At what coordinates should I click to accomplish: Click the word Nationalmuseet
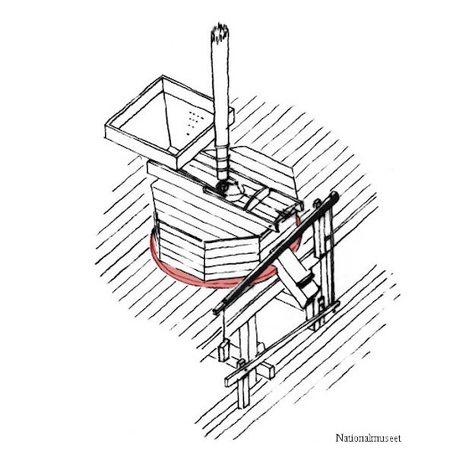point(368,438)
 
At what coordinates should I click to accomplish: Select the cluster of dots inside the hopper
point(195,119)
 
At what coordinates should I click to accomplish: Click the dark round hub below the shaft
point(223,187)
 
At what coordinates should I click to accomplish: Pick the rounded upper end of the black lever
point(334,197)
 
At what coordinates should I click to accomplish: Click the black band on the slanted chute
point(306,282)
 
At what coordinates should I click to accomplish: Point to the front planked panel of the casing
point(232,259)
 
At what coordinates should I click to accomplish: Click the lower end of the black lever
point(216,311)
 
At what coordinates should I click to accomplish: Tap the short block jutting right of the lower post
point(266,370)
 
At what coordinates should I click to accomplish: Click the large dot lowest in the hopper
point(188,134)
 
